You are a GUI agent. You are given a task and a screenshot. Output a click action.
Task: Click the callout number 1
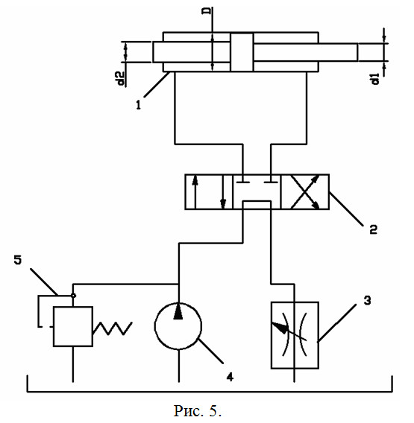[138, 105]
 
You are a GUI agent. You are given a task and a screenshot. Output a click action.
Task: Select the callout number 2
[373, 229]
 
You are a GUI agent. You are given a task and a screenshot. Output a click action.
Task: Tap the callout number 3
[367, 301]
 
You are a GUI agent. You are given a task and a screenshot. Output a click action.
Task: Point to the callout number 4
[230, 377]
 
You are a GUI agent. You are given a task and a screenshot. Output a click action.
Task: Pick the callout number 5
[18, 260]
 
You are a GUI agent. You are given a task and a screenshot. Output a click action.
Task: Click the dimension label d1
[375, 79]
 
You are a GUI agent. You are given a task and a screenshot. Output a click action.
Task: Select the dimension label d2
[121, 79]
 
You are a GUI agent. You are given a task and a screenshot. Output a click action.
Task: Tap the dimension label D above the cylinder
[207, 10]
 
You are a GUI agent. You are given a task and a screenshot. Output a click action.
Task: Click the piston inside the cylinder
[242, 52]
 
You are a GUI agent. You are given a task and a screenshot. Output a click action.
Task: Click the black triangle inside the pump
[178, 311]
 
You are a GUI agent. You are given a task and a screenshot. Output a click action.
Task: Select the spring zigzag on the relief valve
[113, 328]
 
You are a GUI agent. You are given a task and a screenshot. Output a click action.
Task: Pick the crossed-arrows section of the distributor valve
[305, 192]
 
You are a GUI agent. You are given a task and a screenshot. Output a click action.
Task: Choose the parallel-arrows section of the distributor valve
[209, 192]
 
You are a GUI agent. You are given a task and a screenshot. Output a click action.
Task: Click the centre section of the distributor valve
[257, 192]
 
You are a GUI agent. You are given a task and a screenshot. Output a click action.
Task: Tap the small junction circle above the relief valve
[73, 296]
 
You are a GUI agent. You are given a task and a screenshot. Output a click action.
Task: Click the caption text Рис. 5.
[197, 410]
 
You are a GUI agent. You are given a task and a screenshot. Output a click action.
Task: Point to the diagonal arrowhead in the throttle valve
[280, 327]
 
